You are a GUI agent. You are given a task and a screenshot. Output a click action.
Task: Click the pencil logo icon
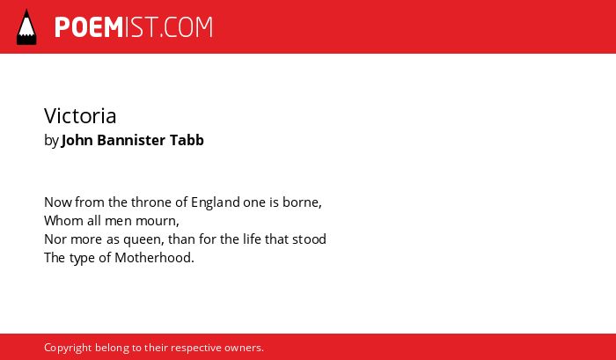(26, 27)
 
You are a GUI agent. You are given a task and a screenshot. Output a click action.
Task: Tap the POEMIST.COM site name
(134, 27)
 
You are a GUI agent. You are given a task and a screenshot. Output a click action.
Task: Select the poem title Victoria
(80, 116)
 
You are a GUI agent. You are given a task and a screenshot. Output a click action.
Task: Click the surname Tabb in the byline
(187, 140)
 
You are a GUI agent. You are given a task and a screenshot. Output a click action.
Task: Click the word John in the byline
(77, 140)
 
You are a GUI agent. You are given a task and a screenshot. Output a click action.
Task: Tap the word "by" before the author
(51, 141)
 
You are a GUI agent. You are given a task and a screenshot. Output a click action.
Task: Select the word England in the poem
(216, 202)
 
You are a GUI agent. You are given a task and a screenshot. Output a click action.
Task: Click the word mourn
(158, 221)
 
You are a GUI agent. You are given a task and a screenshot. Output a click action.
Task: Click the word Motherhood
(154, 258)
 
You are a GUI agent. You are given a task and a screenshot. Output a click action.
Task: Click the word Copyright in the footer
(68, 349)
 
